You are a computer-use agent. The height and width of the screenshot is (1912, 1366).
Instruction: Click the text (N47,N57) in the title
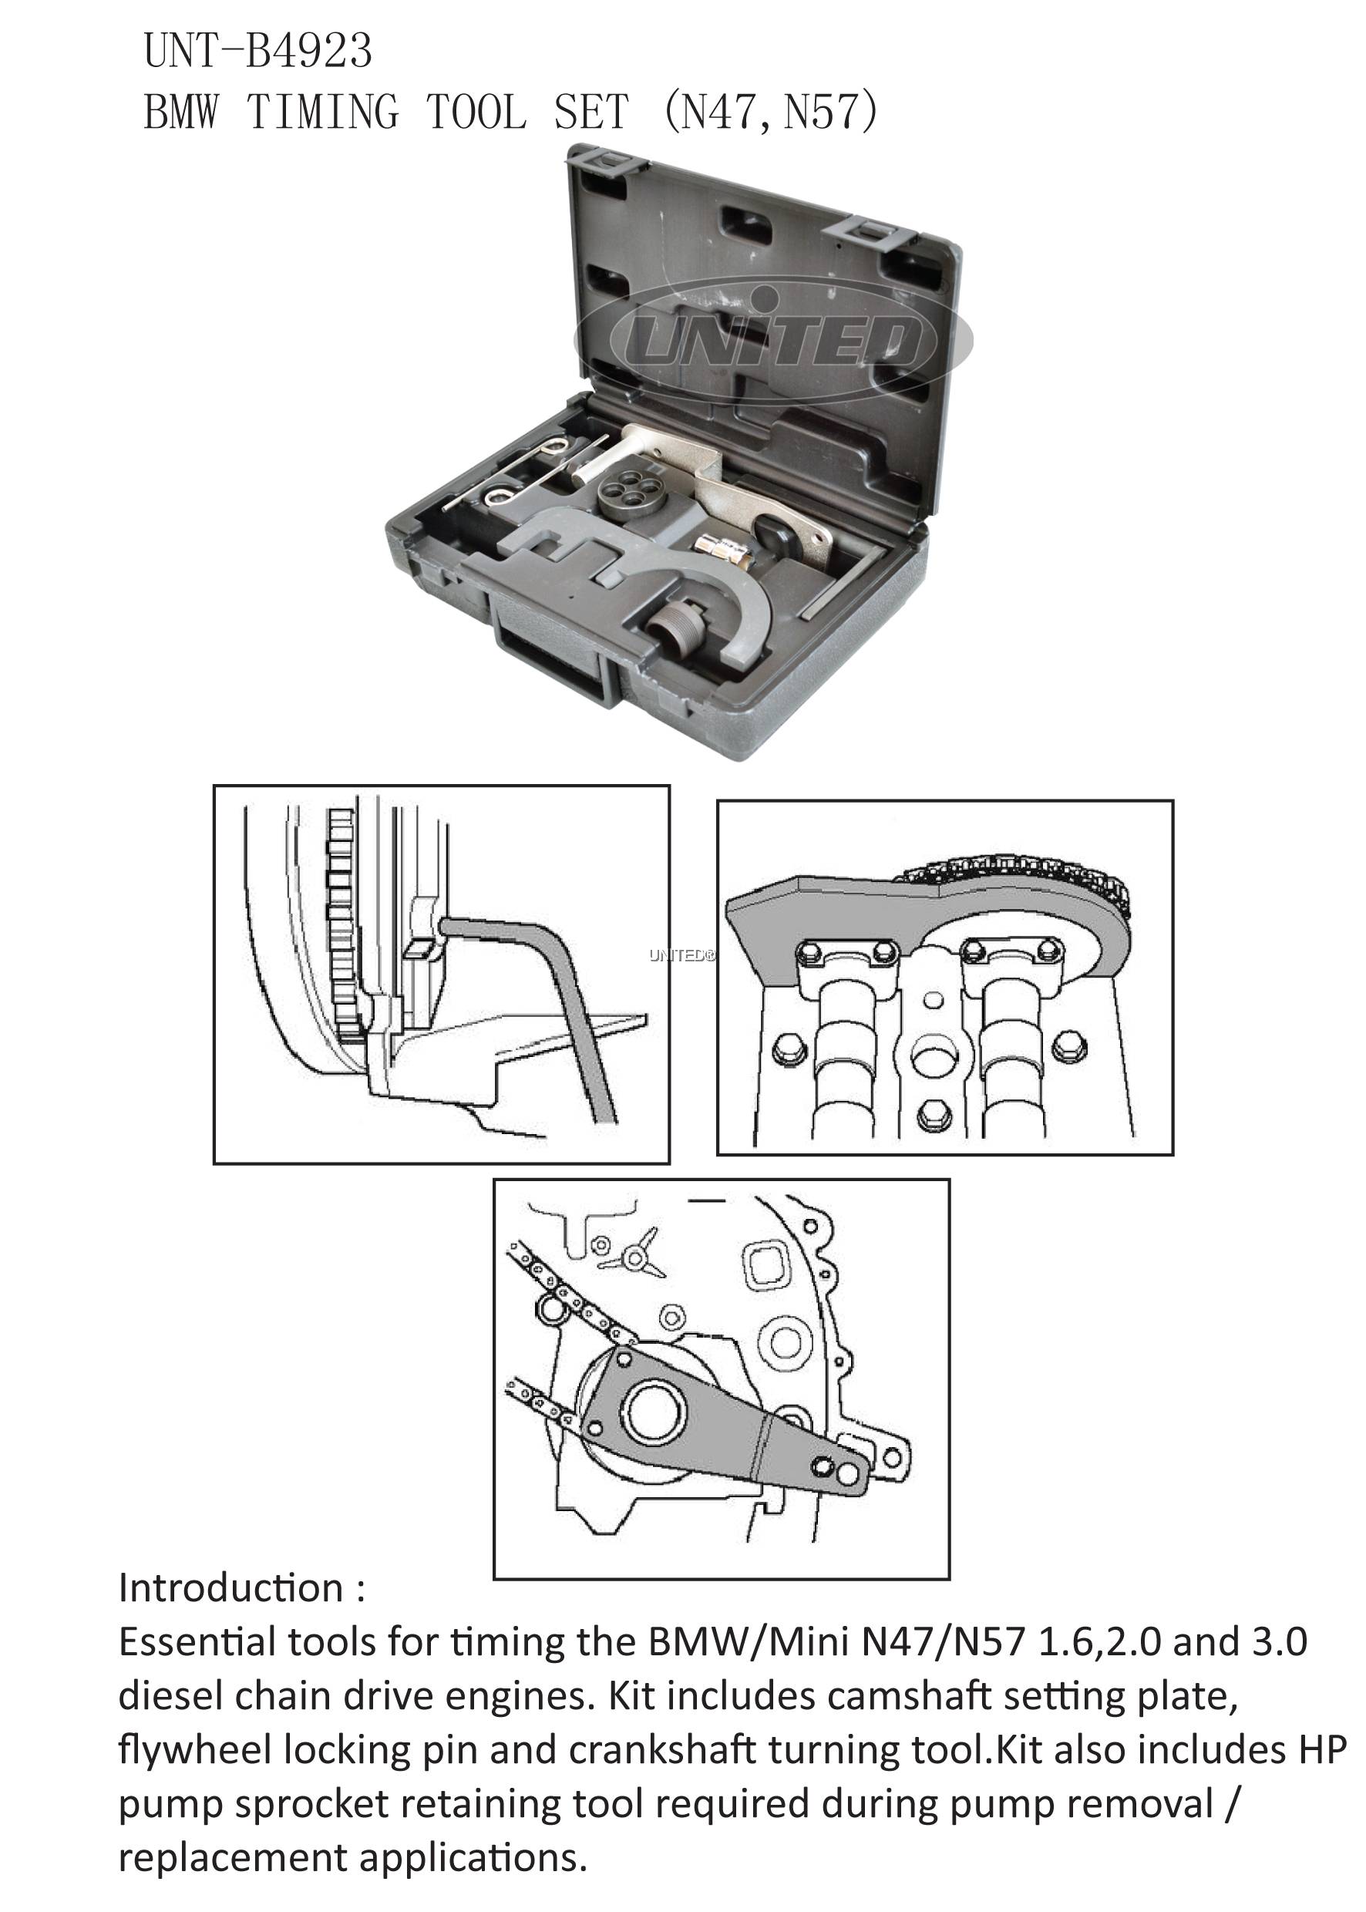[x=770, y=111]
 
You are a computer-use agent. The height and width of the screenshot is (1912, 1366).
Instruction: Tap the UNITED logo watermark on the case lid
[x=773, y=340]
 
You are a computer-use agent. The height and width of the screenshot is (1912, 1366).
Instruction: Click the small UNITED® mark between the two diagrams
[x=682, y=955]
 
